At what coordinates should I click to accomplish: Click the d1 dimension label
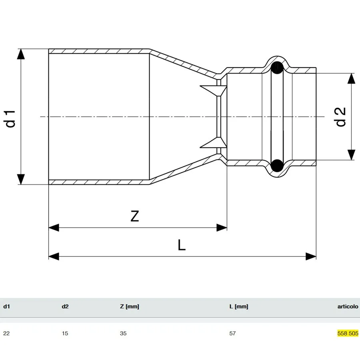(x=10, y=119)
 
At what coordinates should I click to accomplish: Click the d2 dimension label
(x=341, y=117)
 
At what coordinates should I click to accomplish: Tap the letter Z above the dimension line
(x=135, y=216)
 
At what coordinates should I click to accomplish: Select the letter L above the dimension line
(x=182, y=245)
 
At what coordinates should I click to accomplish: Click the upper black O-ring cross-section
(x=277, y=68)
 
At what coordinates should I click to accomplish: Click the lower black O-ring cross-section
(x=277, y=166)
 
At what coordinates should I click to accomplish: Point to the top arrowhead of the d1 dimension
(x=21, y=54)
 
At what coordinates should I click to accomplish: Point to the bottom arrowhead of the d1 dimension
(x=21, y=179)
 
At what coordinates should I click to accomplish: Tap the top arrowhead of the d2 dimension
(x=351, y=78)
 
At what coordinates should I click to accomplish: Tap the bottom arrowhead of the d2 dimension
(x=351, y=155)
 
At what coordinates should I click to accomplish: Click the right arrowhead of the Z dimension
(x=222, y=228)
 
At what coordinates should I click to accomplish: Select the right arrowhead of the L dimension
(x=311, y=256)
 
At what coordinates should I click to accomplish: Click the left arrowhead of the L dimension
(x=54, y=256)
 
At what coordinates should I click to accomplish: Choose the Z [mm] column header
(x=130, y=306)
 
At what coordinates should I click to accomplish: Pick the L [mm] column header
(x=239, y=306)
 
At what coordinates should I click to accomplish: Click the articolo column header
(x=348, y=306)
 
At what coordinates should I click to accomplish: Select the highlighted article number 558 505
(x=348, y=333)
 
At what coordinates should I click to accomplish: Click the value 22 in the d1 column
(x=6, y=333)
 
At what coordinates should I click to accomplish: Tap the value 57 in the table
(x=232, y=333)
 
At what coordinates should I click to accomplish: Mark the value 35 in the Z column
(x=123, y=333)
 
